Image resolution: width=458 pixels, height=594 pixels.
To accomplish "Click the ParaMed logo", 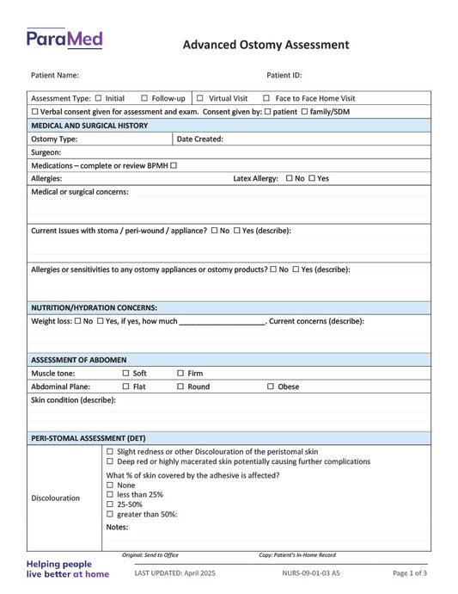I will (x=64, y=39).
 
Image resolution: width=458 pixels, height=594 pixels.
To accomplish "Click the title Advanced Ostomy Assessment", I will (x=266, y=45).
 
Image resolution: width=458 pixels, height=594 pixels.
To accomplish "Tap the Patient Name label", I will (x=55, y=76).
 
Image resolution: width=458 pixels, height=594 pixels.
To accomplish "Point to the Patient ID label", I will (x=284, y=76).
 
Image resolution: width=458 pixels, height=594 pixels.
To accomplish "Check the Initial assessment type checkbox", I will (x=98, y=98).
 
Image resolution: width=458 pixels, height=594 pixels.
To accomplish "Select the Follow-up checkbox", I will (x=144, y=98).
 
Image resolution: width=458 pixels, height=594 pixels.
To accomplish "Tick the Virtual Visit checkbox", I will (x=200, y=98).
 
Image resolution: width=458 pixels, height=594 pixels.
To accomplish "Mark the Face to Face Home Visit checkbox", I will (x=266, y=98).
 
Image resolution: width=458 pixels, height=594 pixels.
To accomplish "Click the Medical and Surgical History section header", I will (x=89, y=126).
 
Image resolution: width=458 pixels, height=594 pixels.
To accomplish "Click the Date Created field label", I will (x=200, y=139).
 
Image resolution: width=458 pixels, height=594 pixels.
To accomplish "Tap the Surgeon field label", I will (x=46, y=152).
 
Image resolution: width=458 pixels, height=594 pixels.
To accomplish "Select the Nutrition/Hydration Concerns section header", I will (x=94, y=307).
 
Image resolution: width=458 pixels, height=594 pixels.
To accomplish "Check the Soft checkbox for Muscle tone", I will (x=125, y=374).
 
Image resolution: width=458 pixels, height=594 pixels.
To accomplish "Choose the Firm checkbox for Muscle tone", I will (x=180, y=374).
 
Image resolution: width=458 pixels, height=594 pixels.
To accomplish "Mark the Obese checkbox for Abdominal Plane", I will (x=270, y=387).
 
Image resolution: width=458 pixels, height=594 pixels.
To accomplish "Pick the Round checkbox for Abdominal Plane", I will (x=180, y=387).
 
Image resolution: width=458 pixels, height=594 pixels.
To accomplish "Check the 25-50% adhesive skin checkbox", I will (x=110, y=504).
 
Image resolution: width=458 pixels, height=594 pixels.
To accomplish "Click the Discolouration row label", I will (x=56, y=498).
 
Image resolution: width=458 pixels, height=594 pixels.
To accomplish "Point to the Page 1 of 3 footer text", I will (x=410, y=573).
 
